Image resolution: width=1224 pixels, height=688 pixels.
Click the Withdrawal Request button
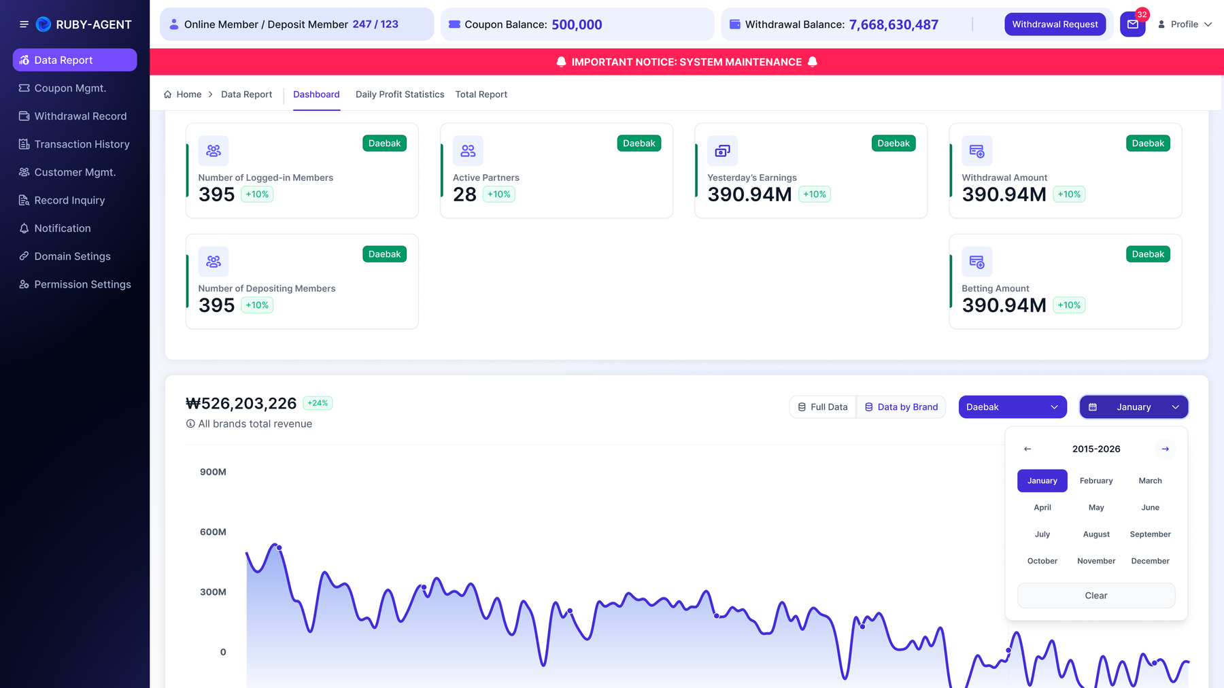click(x=1055, y=24)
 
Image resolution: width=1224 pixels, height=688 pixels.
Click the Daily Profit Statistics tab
click(x=400, y=94)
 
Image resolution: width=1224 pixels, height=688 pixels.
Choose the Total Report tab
click(x=481, y=94)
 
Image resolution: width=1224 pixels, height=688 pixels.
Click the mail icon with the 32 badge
click(x=1133, y=24)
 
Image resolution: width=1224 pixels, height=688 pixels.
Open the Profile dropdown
click(x=1185, y=24)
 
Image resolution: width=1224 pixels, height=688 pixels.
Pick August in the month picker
click(x=1096, y=534)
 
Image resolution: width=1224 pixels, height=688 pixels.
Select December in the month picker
click(x=1151, y=561)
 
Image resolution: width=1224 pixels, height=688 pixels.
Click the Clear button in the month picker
click(x=1096, y=596)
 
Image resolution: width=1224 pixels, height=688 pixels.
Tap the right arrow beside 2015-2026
click(x=1165, y=449)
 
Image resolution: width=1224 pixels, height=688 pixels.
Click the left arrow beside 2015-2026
click(x=1027, y=449)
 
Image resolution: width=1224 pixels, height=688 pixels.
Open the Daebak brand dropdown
click(x=1013, y=407)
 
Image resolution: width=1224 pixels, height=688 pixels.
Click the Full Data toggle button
click(x=823, y=407)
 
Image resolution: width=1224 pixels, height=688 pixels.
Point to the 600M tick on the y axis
click(x=213, y=532)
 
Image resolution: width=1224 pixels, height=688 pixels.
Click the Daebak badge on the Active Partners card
click(x=639, y=143)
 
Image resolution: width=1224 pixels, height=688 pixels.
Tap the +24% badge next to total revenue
click(x=318, y=403)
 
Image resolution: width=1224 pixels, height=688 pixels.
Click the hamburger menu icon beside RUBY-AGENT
click(x=24, y=24)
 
